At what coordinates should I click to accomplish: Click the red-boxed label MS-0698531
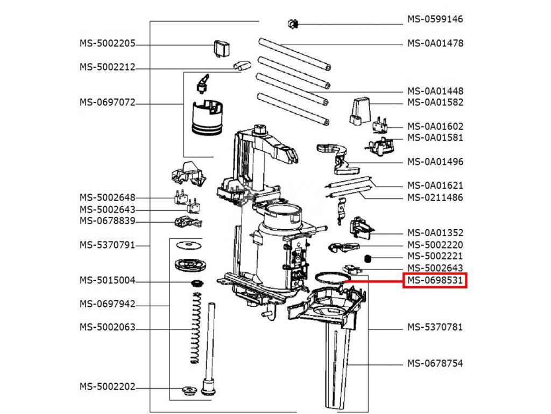pyautogui.click(x=435, y=280)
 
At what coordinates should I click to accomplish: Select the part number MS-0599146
pyautogui.click(x=435, y=19)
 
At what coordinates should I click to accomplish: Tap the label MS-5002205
pyautogui.click(x=107, y=44)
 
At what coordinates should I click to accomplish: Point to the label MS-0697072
pyautogui.click(x=107, y=102)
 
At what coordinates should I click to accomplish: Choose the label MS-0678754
pyautogui.click(x=435, y=363)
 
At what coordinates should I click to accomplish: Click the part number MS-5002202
pyautogui.click(x=107, y=387)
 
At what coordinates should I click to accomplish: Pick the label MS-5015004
pyautogui.click(x=107, y=280)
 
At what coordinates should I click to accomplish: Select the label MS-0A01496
pyautogui.click(x=435, y=162)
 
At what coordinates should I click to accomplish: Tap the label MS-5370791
pyautogui.click(x=107, y=245)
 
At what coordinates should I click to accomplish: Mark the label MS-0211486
pyautogui.click(x=435, y=197)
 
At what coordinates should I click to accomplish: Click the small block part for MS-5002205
pyautogui.click(x=222, y=48)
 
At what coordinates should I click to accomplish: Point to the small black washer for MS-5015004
pyautogui.click(x=197, y=284)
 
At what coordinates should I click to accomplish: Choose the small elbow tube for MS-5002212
pyautogui.click(x=241, y=66)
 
